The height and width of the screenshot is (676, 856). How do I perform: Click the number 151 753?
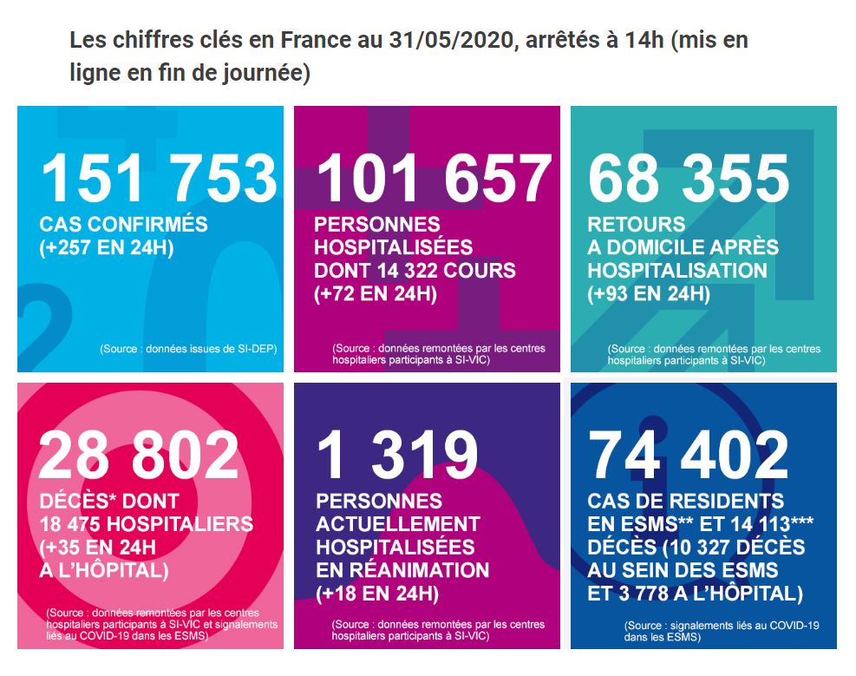tap(159, 179)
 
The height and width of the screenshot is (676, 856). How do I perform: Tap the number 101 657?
tap(434, 179)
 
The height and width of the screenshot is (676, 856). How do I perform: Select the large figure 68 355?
tap(689, 179)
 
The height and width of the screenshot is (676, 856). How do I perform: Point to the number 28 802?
tap(139, 456)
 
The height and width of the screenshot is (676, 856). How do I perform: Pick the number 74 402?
tap(689, 456)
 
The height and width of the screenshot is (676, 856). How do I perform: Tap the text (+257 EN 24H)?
tap(107, 248)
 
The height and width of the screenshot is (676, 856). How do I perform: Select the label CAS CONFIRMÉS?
tap(124, 225)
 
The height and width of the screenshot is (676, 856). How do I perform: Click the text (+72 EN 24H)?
tap(376, 294)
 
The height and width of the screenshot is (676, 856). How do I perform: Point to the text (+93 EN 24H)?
tap(649, 294)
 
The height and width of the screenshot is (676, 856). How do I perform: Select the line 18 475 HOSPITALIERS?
tap(147, 525)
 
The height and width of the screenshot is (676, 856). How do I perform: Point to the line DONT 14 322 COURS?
tap(415, 271)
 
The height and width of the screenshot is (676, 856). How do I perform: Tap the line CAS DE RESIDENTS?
tap(685, 502)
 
